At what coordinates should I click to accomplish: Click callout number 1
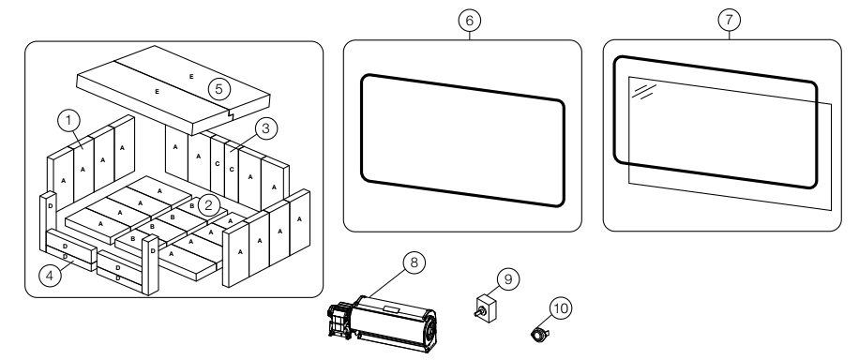click(68, 121)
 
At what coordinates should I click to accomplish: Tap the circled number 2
click(208, 206)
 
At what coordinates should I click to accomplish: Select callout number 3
click(265, 128)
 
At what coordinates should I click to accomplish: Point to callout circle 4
click(50, 275)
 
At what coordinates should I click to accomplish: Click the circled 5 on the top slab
click(219, 89)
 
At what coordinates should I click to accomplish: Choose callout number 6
click(470, 21)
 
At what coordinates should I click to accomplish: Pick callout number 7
click(730, 21)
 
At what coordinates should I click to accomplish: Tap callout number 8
click(414, 262)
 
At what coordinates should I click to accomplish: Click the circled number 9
click(508, 279)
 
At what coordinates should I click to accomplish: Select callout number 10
click(561, 308)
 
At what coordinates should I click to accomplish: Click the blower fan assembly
click(383, 324)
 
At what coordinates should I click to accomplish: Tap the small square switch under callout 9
click(486, 309)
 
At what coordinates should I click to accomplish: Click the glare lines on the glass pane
click(643, 92)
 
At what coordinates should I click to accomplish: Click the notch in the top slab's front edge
click(230, 114)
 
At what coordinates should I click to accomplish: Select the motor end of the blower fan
click(339, 320)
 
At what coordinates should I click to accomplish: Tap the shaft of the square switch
click(478, 313)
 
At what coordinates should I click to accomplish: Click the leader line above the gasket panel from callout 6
click(470, 36)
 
